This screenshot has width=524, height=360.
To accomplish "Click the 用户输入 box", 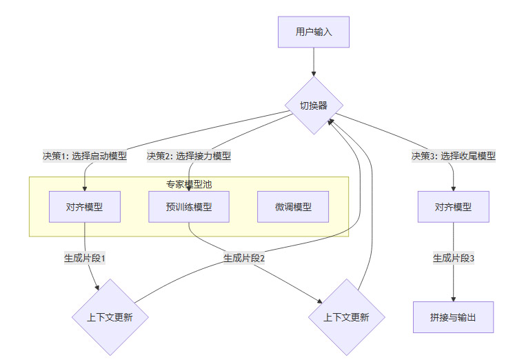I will pos(314,32).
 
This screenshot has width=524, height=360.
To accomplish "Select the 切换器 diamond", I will pos(314,106).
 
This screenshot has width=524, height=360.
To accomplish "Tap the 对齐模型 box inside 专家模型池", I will pos(85,207).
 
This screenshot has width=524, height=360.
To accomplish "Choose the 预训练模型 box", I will pos(189,207).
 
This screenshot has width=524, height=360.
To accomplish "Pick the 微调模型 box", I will pos(293,207).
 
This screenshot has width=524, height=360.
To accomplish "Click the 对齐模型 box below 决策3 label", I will pos(453,207).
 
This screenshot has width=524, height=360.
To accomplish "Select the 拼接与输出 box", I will pos(453,317).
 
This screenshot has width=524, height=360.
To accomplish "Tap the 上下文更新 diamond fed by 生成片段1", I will pos(110,318).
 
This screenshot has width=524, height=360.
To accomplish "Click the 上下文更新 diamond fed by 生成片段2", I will pos(346,318).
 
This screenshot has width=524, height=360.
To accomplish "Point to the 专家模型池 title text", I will pos(189,184).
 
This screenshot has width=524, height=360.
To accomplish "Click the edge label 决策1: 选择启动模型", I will pos(85,156).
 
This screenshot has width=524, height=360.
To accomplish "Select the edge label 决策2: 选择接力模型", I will pos(189,156).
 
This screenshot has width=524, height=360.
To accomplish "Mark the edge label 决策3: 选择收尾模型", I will pos(453,156).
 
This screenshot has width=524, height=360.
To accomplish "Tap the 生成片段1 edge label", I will pos(85,259).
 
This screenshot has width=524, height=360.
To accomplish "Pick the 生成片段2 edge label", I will pos(244,259).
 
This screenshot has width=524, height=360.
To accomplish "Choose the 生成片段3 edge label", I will pos(453,259).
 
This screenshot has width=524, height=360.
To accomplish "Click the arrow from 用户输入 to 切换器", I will pos(314,62).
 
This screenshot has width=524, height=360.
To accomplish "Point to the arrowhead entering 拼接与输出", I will pos(453,298).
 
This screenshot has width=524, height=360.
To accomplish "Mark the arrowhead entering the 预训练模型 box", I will pos(189,188).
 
